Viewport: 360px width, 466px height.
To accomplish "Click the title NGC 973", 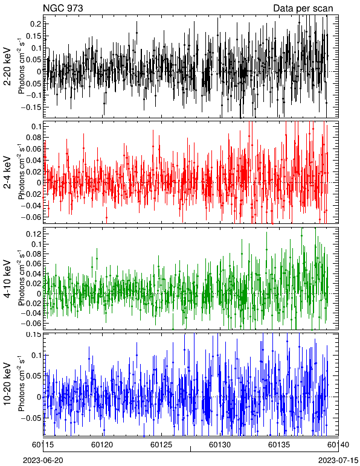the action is click(63, 8).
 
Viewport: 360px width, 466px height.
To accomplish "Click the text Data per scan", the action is click(303, 8).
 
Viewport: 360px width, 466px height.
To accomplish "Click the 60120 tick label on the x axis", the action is click(102, 445).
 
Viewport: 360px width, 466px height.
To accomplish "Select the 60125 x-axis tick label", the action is click(161, 445).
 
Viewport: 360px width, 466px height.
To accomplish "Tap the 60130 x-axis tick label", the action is click(220, 445).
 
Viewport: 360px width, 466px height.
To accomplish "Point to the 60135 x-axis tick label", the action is click(279, 445).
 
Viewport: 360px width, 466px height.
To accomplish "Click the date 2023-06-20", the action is click(43, 461).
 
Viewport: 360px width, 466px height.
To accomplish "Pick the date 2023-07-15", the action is click(338, 461).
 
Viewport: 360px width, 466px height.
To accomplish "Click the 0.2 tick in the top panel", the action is click(35, 24).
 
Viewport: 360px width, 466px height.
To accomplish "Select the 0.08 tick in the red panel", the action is click(33, 138).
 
